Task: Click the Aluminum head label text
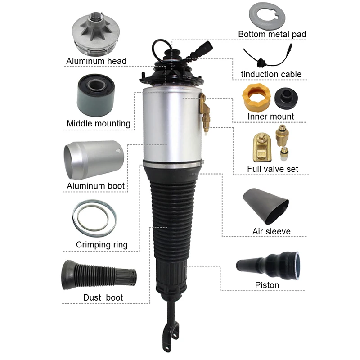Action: [96, 61]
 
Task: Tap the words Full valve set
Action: [273, 169]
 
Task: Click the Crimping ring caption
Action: [102, 245]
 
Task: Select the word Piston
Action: [267, 285]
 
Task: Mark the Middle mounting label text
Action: [99, 123]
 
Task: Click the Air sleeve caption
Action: [271, 231]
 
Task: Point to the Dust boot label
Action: [103, 297]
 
